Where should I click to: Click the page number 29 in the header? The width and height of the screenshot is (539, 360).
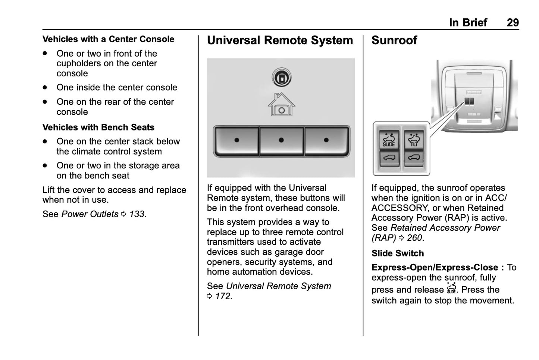point(513,23)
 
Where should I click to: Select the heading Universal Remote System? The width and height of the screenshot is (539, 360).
point(280,40)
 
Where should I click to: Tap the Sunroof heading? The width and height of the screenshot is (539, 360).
point(394,40)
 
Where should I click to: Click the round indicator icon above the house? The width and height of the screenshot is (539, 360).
point(281,78)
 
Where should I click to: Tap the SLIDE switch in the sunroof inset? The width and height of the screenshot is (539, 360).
point(389,140)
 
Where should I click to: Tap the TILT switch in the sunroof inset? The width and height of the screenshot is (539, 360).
point(414,140)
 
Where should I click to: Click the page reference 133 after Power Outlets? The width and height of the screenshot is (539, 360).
point(137,214)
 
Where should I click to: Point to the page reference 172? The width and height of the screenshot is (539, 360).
point(223,297)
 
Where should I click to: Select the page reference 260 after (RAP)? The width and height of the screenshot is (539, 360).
point(414,238)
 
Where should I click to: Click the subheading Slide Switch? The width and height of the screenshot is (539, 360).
point(398,253)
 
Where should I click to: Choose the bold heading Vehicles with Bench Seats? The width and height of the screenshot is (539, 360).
point(98,127)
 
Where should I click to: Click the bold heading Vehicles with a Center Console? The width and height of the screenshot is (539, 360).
point(108,39)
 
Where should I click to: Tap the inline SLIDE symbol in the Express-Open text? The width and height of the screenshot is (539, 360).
point(451,288)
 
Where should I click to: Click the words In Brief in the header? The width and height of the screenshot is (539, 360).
point(468,23)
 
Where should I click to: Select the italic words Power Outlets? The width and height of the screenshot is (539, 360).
point(90,214)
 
